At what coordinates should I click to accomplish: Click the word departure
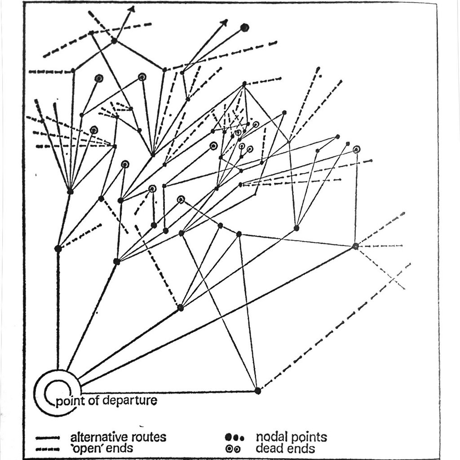tap(132, 400)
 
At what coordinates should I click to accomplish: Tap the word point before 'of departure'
tap(71, 400)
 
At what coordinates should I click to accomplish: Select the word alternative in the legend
tap(98, 437)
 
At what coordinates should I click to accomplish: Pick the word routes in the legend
tap(146, 437)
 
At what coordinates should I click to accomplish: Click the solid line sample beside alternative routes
tap(48, 437)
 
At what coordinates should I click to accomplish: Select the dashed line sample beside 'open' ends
tap(48, 448)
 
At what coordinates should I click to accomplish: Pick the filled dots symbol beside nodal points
tap(234, 437)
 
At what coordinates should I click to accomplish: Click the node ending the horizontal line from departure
tap(257, 391)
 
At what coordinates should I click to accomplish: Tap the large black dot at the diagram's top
tap(244, 27)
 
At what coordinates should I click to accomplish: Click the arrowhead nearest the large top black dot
tap(225, 22)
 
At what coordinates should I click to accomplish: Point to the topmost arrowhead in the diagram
tap(132, 9)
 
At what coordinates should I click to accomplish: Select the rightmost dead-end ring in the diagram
tap(357, 150)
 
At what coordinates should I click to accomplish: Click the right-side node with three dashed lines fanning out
tap(355, 246)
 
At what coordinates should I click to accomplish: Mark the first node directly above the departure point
tap(58, 248)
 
